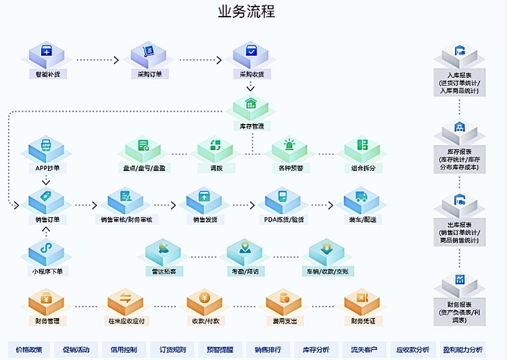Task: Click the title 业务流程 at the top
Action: [x=246, y=12]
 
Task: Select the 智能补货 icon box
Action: [x=47, y=55]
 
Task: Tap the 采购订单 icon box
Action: [x=149, y=55]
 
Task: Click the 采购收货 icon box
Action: [x=251, y=55]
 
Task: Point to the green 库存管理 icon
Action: [x=250, y=107]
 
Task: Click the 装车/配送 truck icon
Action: [x=361, y=199]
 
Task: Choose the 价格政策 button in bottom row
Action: [x=29, y=350]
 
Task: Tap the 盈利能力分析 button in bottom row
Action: [x=462, y=350]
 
